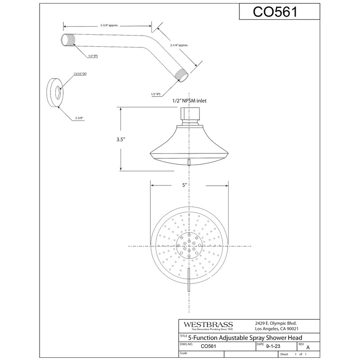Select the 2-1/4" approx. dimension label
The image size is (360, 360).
pos(179,45)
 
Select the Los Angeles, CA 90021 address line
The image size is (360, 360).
pos(274,330)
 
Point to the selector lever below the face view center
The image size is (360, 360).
pos(189,282)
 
